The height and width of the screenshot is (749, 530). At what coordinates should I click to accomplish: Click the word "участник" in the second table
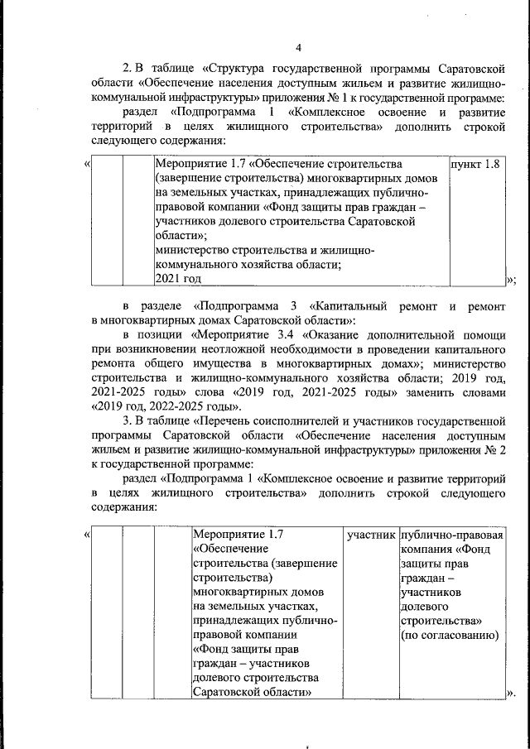coord(370,535)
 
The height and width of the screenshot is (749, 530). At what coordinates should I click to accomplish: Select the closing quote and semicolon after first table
coord(511,279)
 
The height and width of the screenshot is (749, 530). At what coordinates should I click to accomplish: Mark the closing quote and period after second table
coord(510,692)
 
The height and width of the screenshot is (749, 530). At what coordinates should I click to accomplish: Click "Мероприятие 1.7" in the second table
coord(238,535)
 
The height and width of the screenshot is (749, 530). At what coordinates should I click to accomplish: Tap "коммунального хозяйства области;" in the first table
coord(236,264)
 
